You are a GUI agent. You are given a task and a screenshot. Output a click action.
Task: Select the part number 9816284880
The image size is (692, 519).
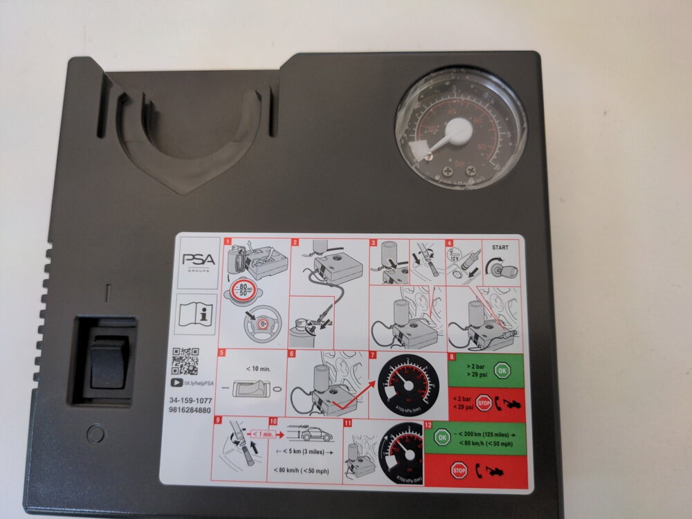pos(190,410)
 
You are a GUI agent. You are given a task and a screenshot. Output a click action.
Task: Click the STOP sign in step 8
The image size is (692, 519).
pos(484,402)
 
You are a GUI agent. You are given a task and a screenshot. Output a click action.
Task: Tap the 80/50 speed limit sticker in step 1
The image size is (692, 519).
pos(244,289)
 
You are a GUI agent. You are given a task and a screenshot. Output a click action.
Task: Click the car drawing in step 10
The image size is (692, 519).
pos(316,436)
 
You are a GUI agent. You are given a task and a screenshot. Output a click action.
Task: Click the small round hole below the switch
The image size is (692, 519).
pos(96,435)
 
